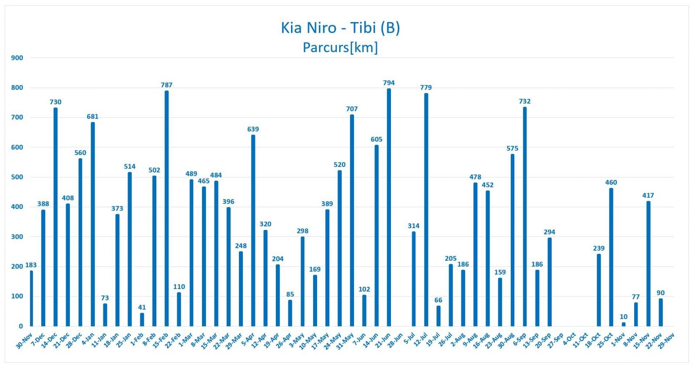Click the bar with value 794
click(x=389, y=207)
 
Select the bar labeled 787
click(x=166, y=208)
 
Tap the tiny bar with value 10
click(x=623, y=324)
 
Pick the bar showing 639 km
click(x=253, y=230)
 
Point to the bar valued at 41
click(x=142, y=319)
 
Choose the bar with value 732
click(x=525, y=216)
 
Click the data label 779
click(x=426, y=87)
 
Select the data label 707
click(x=352, y=109)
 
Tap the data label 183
click(x=31, y=265)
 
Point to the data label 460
click(x=611, y=183)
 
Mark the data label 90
click(x=660, y=293)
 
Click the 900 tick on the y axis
click(x=17, y=58)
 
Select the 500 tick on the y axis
click(x=17, y=177)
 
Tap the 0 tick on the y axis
click(x=20, y=326)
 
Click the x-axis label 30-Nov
click(x=24, y=341)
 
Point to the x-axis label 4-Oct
click(x=569, y=339)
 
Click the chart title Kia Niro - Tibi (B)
click(x=340, y=28)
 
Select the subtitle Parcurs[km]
click(x=340, y=47)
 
